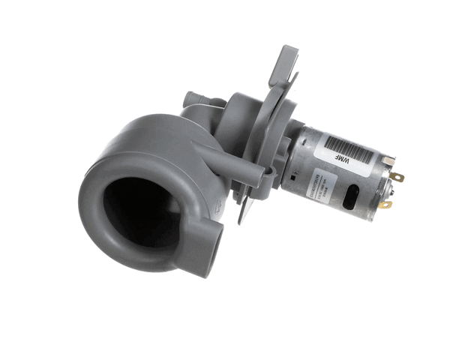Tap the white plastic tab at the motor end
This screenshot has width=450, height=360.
coord(387,160)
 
